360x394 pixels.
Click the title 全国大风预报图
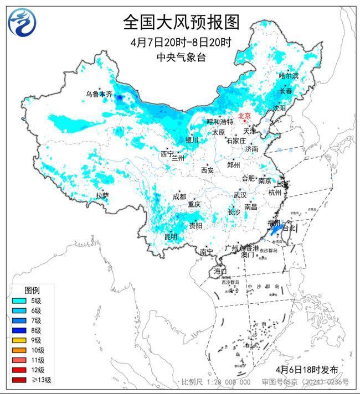(x=181, y=22)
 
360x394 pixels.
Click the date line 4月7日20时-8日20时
(x=181, y=43)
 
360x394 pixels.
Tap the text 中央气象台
(x=181, y=57)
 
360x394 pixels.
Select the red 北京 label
(x=244, y=116)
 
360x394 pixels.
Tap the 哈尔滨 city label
(x=288, y=75)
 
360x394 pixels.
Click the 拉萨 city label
(x=102, y=195)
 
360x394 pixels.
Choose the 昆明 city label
(x=171, y=237)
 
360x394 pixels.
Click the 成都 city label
(x=179, y=196)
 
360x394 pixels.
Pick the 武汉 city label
(x=240, y=195)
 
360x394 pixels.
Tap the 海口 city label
(x=220, y=271)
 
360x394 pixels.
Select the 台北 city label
(x=290, y=227)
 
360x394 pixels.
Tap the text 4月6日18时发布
(x=306, y=369)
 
